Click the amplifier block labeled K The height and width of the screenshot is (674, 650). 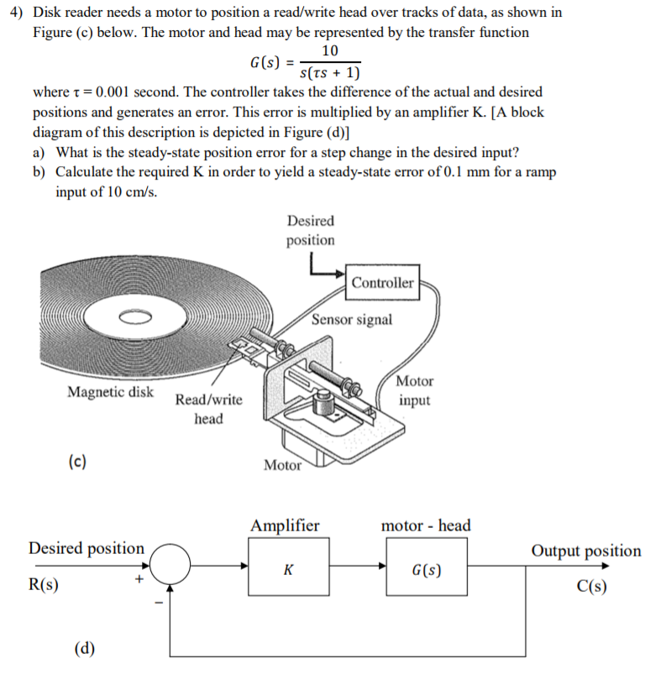(x=288, y=569)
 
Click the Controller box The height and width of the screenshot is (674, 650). (x=382, y=283)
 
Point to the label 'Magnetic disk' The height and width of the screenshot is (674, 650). (x=110, y=392)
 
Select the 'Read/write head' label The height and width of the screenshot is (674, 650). (x=208, y=409)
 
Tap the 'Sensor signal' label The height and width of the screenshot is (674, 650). (x=351, y=320)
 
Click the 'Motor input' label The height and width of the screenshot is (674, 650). (x=414, y=390)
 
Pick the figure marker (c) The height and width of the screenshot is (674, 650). (x=76, y=461)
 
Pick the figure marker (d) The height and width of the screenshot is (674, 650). (x=84, y=647)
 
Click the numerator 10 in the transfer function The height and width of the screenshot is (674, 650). (x=330, y=51)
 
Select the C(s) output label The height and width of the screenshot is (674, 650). (x=591, y=586)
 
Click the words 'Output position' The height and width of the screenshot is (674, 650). (x=585, y=551)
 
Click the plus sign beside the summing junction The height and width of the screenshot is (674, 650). (x=140, y=579)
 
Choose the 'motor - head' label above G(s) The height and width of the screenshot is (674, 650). (x=426, y=526)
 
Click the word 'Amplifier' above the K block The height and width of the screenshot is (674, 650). (x=285, y=526)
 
